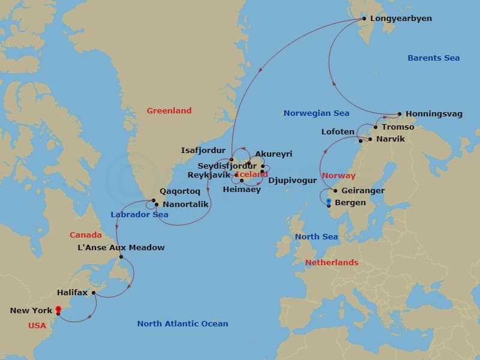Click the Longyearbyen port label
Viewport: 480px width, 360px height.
tap(401, 19)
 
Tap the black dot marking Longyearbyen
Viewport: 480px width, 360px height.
tap(363, 19)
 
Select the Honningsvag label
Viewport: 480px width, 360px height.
tap(434, 113)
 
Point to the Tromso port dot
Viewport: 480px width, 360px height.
tap(376, 127)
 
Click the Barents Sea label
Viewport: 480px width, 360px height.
tap(433, 58)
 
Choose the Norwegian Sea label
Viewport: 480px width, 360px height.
tap(316, 113)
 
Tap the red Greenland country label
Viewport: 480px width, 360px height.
tap(169, 110)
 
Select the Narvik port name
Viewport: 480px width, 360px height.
tap(391, 139)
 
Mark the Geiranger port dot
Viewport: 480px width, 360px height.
tap(335, 191)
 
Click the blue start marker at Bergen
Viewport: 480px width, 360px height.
tap(329, 200)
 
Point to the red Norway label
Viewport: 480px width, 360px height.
tap(338, 176)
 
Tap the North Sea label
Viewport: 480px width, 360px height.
tap(316, 237)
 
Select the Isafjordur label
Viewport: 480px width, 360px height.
tap(203, 151)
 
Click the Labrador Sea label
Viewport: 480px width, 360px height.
tap(139, 215)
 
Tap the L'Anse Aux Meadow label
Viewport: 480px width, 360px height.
tap(121, 247)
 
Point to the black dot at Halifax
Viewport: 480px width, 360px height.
tap(94, 293)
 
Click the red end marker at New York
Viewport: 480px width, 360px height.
tap(58, 309)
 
